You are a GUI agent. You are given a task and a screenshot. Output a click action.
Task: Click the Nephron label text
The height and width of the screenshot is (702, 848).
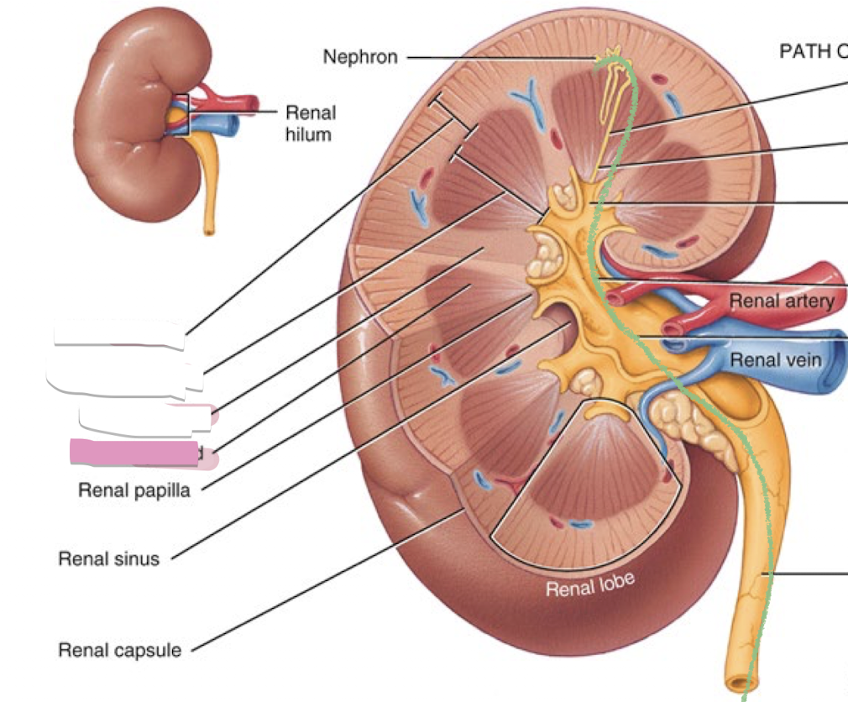(360, 57)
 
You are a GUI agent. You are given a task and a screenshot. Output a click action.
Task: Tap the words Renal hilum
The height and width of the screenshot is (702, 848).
(310, 123)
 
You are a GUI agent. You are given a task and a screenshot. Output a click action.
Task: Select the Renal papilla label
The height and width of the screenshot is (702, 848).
(134, 490)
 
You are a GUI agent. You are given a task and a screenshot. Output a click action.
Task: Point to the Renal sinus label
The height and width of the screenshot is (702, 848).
(108, 558)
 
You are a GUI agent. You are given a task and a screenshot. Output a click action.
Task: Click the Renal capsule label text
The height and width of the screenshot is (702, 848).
(119, 650)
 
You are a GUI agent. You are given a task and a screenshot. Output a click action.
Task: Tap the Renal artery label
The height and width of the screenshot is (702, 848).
(781, 301)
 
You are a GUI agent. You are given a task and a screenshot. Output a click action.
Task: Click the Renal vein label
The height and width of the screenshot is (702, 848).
(775, 360)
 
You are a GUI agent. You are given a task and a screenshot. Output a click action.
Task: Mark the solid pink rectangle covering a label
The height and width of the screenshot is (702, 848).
(134, 453)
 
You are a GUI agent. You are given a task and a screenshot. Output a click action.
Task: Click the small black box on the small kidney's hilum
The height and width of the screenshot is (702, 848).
(182, 115)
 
